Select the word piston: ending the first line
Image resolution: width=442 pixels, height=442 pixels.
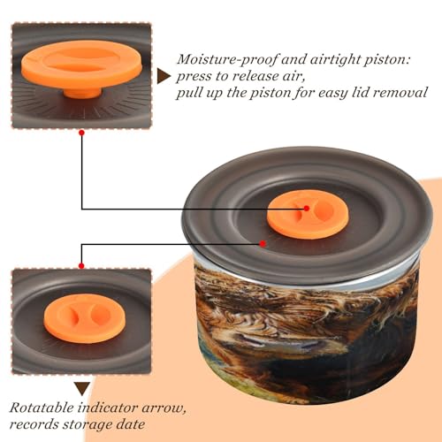tap(387, 60)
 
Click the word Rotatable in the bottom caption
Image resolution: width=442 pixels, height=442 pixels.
tap(42, 408)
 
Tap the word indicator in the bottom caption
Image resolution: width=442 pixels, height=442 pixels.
tap(108, 408)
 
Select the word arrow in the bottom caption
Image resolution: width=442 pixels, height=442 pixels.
tap(163, 409)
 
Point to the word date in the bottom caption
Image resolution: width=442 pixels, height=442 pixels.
tap(129, 424)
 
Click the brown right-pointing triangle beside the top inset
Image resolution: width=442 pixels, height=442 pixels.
tap(164, 76)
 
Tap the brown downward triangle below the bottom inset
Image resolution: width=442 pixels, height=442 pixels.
tap(82, 389)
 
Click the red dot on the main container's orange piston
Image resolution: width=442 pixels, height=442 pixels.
tap(307, 209)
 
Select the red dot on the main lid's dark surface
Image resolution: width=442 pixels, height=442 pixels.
tap(263, 244)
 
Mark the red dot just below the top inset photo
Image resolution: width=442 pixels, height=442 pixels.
tap(81, 133)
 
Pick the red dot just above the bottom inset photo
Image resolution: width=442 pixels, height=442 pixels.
tap(81, 266)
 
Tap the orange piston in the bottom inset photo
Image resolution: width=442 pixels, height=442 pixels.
tap(85, 318)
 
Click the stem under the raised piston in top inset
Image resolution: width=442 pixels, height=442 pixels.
tap(83, 92)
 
